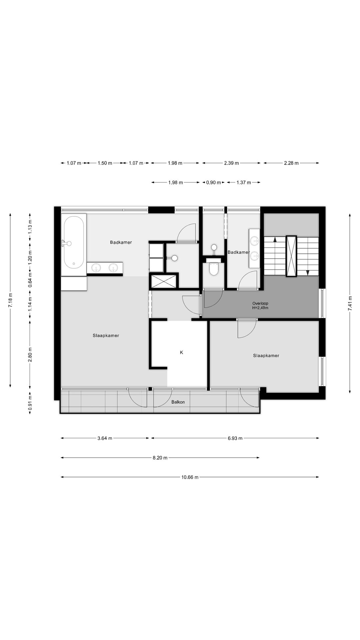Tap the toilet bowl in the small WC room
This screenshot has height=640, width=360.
[x=213, y=268]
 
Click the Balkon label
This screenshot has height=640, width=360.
[x=178, y=402]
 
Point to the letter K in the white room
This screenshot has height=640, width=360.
[x=181, y=352]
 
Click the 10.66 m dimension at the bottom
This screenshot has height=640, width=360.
[x=190, y=477]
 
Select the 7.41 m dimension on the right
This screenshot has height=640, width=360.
[x=350, y=303]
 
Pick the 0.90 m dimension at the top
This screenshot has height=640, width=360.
[x=213, y=182]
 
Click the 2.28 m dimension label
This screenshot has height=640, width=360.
[x=291, y=163]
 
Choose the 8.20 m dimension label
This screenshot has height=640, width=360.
[x=160, y=458]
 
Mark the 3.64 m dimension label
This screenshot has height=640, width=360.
[x=105, y=438]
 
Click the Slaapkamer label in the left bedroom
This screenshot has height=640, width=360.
[x=106, y=336]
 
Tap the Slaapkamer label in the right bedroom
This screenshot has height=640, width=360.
[x=266, y=356]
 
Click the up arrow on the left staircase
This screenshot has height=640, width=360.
[x=275, y=239]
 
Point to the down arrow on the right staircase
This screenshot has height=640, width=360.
[x=308, y=272]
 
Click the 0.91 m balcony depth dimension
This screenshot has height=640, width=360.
[x=30, y=404]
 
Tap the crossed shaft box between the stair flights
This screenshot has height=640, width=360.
[x=291, y=256]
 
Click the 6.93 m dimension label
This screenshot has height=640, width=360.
[x=235, y=438]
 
